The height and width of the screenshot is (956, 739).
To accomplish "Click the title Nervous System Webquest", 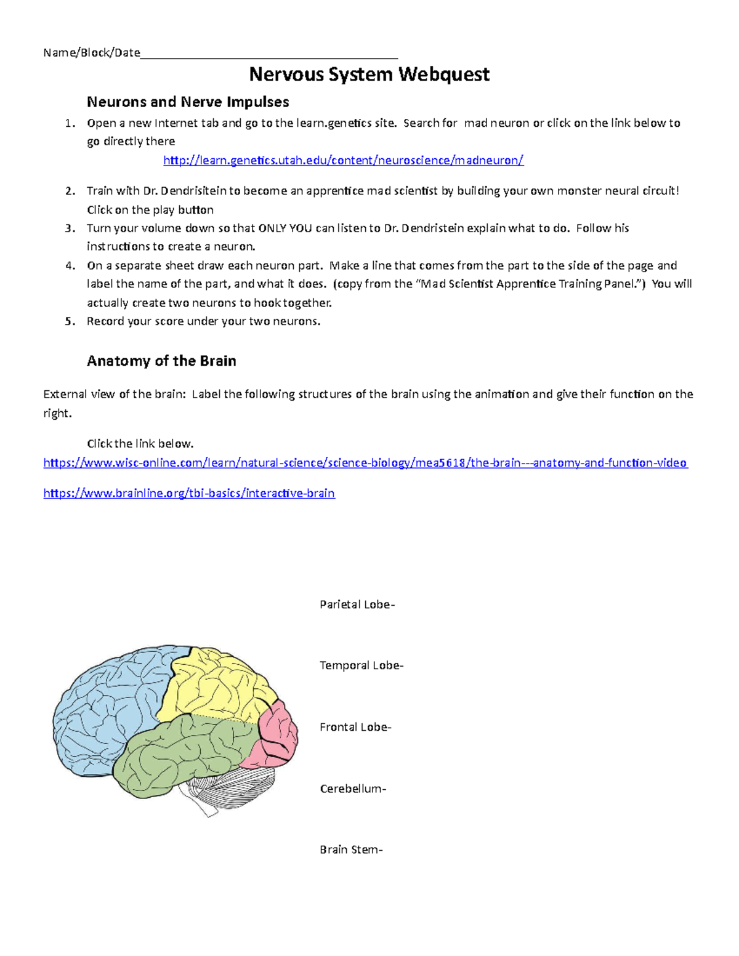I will [x=369, y=74].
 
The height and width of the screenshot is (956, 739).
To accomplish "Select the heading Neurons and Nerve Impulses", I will [x=188, y=102].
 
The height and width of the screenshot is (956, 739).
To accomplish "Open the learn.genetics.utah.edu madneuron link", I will [x=343, y=161].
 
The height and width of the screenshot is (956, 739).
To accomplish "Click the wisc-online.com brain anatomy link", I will [x=365, y=463].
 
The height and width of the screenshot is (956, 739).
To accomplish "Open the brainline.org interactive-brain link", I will [x=189, y=493].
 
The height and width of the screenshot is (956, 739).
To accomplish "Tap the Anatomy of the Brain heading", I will [x=161, y=361].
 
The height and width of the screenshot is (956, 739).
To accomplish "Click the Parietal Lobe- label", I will [x=357, y=605].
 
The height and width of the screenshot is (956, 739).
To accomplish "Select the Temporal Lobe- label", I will [x=361, y=665].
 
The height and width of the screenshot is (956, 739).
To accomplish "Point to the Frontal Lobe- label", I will [x=355, y=727].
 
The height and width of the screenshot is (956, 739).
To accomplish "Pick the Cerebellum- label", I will [x=353, y=789].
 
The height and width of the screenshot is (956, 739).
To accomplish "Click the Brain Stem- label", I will [x=351, y=850].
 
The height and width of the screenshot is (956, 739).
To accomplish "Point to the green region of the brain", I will [x=185, y=751].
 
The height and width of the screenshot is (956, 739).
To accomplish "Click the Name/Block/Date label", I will [x=92, y=53].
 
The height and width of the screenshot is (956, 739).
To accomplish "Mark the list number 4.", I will [x=70, y=266].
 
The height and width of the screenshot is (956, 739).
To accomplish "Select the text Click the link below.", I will [x=140, y=444].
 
